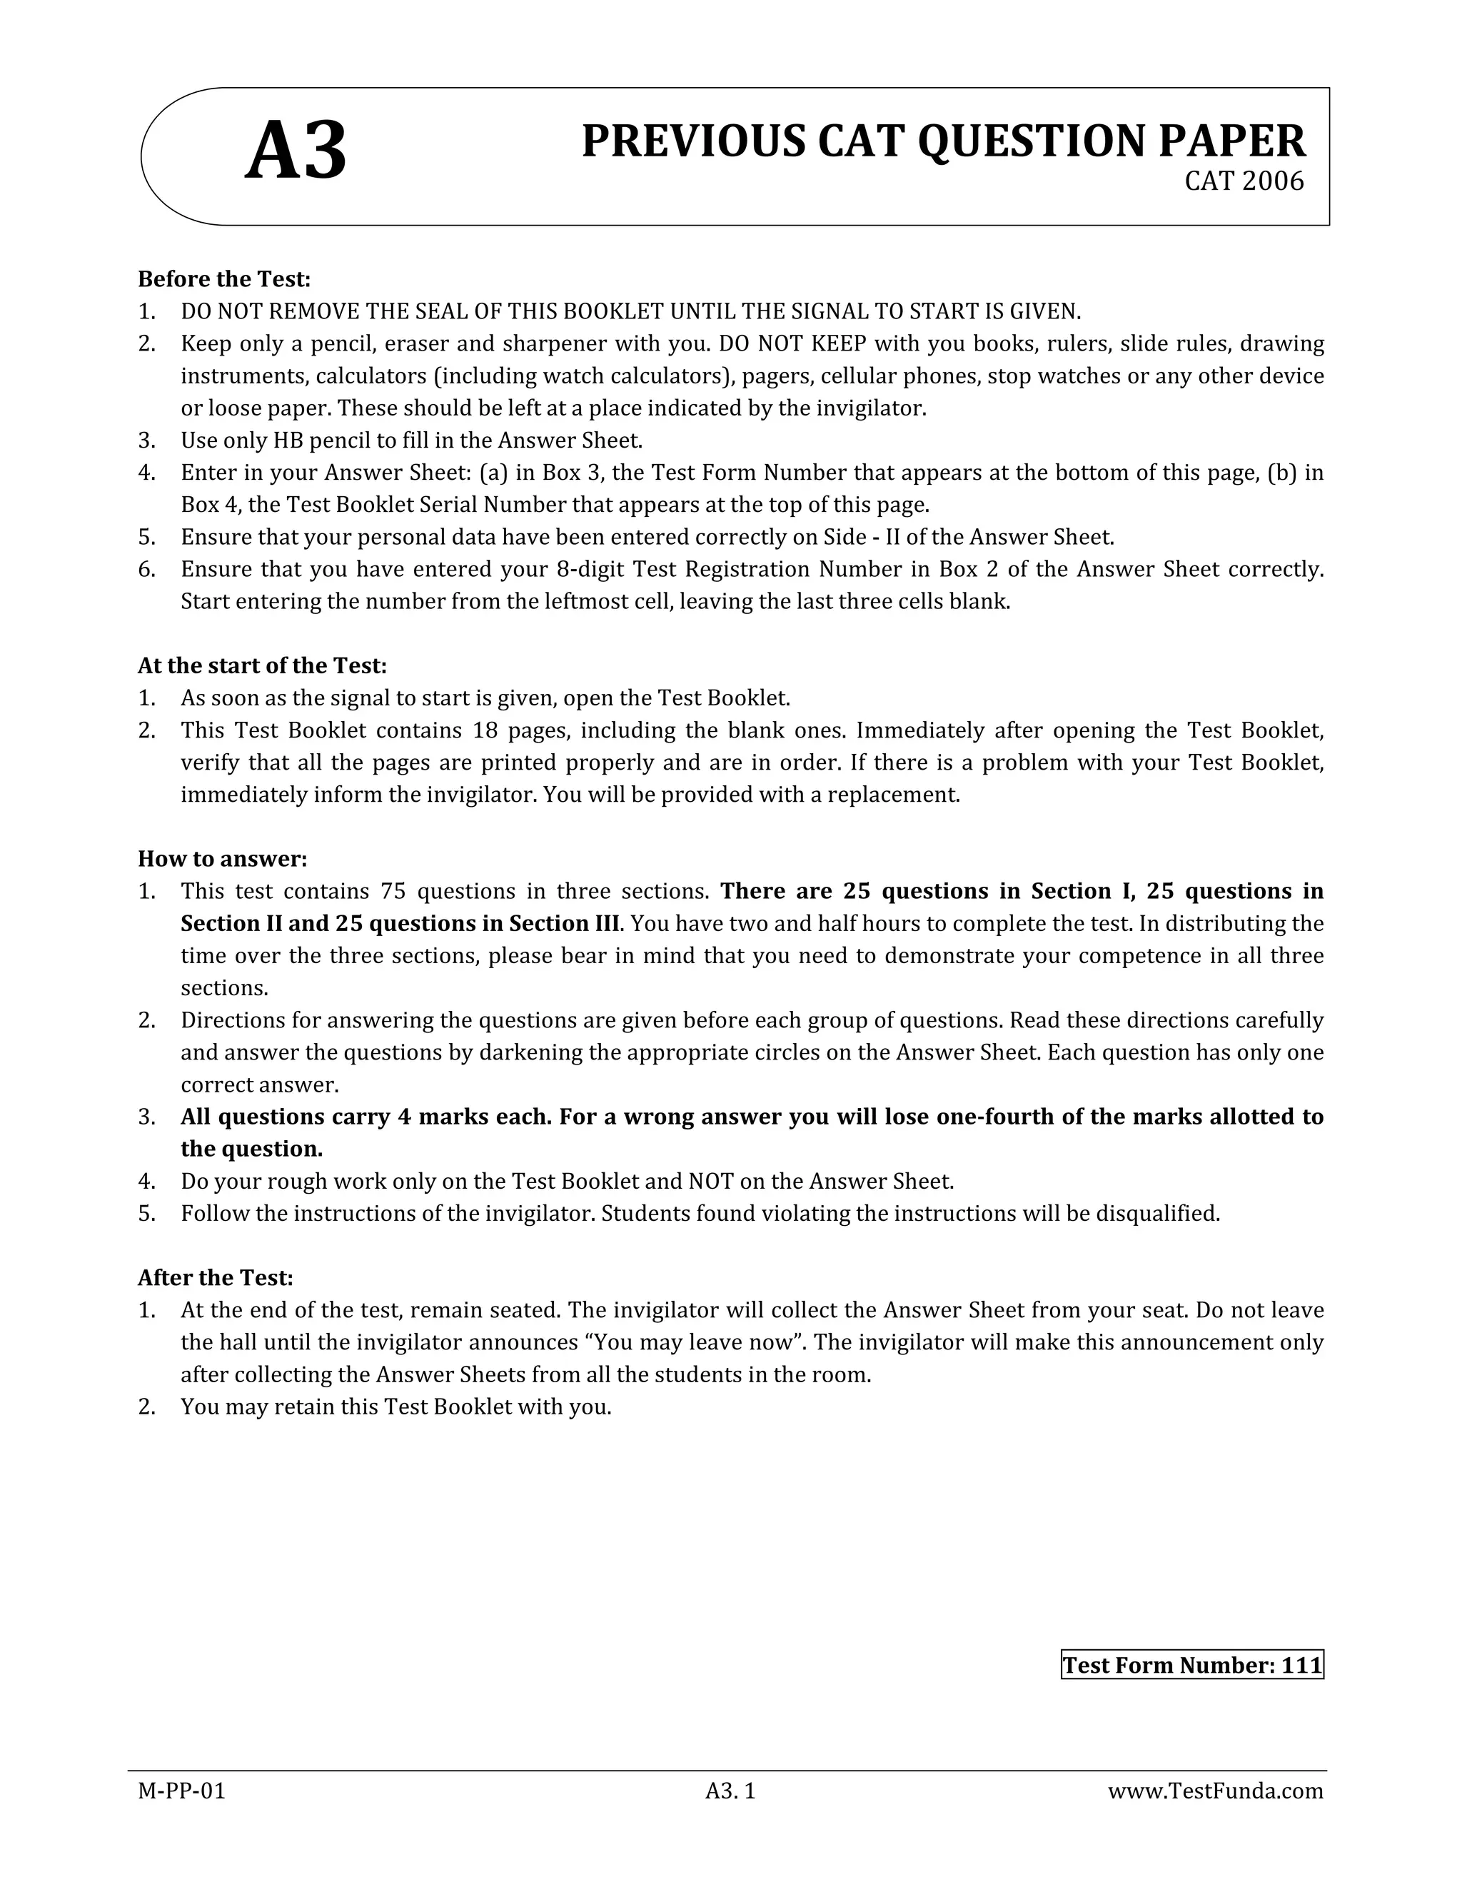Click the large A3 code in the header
296,153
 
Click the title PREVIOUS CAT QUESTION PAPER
942,141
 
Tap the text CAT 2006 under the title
1244,182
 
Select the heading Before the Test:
223,279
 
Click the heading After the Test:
216,1278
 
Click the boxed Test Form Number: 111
1191,1665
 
